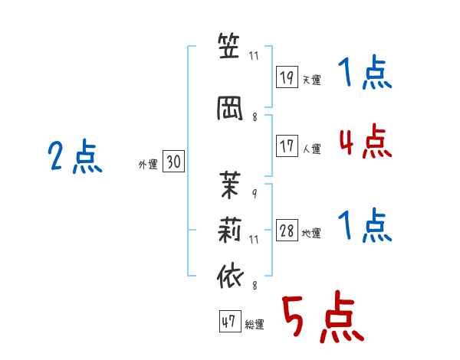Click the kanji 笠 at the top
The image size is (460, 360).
(228, 46)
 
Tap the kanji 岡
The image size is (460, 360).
(230, 108)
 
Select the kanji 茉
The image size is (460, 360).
(230, 185)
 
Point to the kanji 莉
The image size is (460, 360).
(230, 230)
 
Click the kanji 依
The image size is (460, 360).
(230, 277)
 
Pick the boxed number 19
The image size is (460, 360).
(287, 77)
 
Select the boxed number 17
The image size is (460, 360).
(287, 146)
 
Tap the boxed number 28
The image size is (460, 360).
(287, 230)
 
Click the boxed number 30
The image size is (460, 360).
(173, 161)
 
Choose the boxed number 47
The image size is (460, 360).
(230, 321)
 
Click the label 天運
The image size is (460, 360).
(311, 80)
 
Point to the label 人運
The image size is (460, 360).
(311, 149)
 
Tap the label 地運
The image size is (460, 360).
(311, 234)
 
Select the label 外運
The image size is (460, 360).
(148, 165)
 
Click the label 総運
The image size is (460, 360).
(255, 325)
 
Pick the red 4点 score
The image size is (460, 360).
(365, 141)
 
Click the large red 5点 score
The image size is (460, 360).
(323, 316)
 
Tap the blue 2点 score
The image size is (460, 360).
(75, 156)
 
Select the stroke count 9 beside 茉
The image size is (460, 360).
(255, 194)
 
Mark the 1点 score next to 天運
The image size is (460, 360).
(365, 72)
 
